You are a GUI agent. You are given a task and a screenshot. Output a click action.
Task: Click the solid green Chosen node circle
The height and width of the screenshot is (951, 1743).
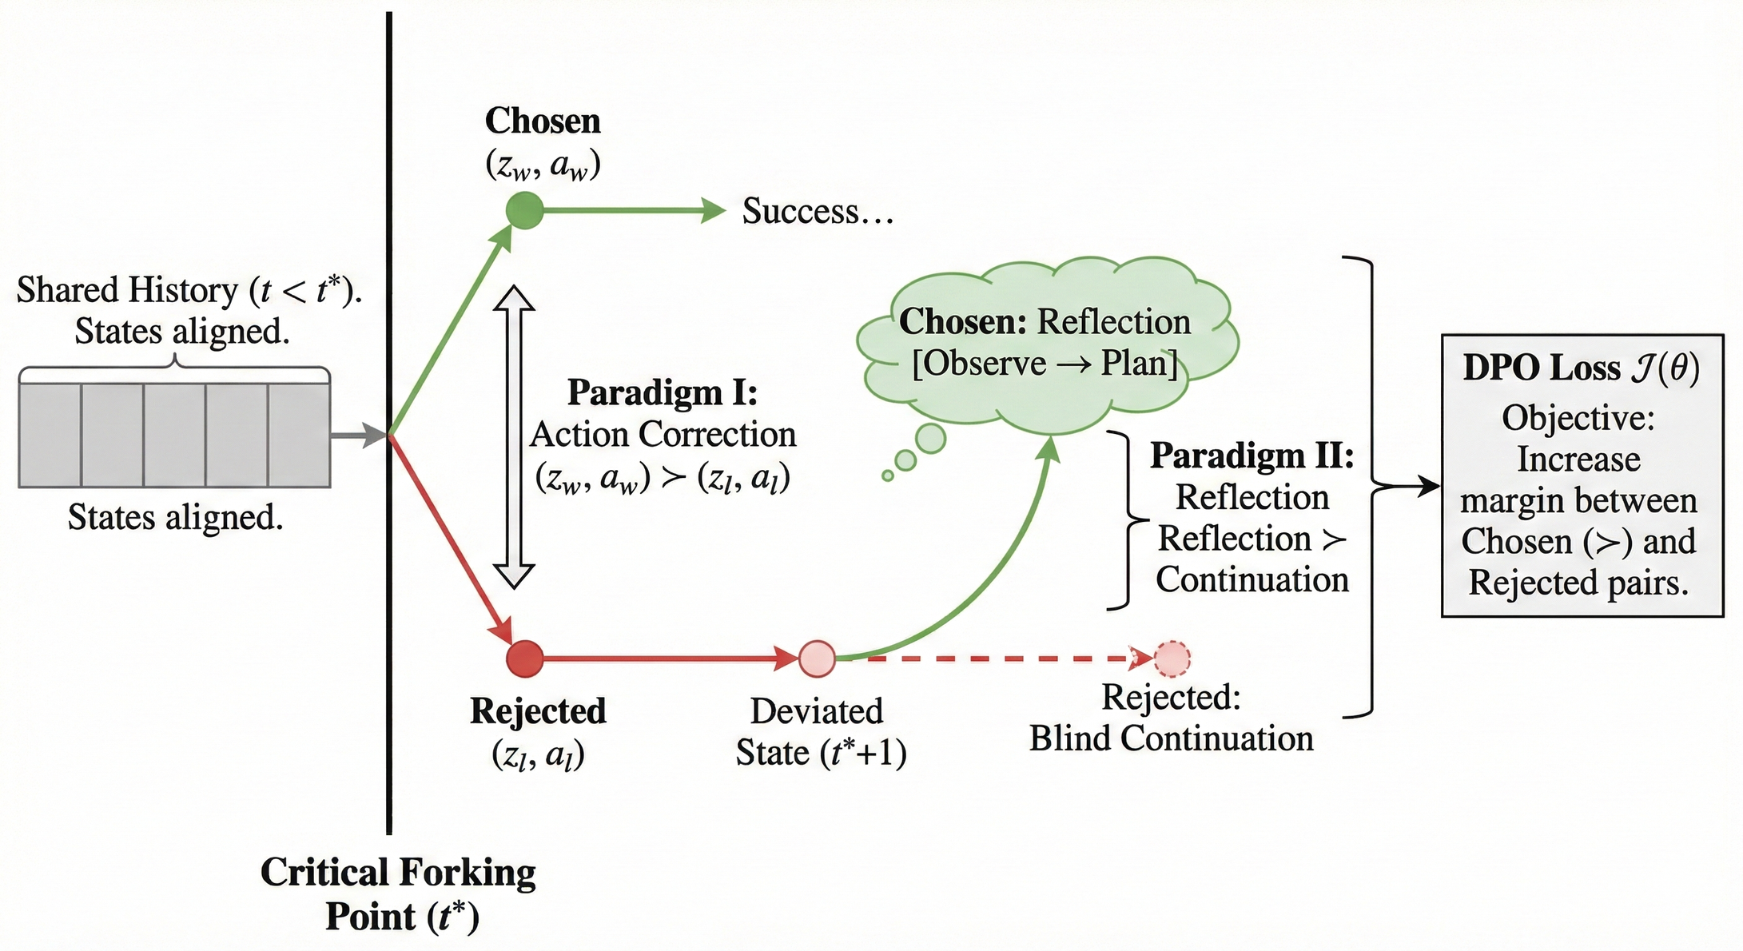[524, 211]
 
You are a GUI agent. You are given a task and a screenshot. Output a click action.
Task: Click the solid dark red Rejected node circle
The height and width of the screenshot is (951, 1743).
[525, 659]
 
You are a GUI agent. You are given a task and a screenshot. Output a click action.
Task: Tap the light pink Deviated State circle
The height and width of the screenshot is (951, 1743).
[817, 659]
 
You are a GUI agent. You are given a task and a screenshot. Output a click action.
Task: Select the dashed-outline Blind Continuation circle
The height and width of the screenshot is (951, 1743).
[1172, 659]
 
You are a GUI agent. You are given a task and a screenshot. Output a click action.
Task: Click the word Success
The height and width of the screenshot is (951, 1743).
[800, 211]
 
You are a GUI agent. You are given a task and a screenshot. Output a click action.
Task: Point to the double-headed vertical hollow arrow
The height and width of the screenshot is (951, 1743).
[514, 437]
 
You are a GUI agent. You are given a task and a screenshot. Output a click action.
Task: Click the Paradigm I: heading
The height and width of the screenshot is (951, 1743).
[663, 392]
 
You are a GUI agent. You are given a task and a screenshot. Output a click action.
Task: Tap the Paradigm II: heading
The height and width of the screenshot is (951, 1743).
[1252, 456]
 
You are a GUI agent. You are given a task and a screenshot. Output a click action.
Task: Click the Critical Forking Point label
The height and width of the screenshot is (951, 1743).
[398, 893]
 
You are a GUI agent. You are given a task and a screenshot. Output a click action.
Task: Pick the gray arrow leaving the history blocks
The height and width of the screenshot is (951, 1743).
[358, 436]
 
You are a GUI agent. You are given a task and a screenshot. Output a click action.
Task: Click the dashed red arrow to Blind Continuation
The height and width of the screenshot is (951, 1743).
[999, 659]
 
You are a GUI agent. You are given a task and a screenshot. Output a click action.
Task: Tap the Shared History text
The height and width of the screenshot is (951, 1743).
[189, 290]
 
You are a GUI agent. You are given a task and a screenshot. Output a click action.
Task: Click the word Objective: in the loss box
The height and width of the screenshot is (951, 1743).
[1578, 417]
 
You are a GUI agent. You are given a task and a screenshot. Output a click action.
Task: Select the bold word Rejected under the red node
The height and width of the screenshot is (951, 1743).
[538, 710]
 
